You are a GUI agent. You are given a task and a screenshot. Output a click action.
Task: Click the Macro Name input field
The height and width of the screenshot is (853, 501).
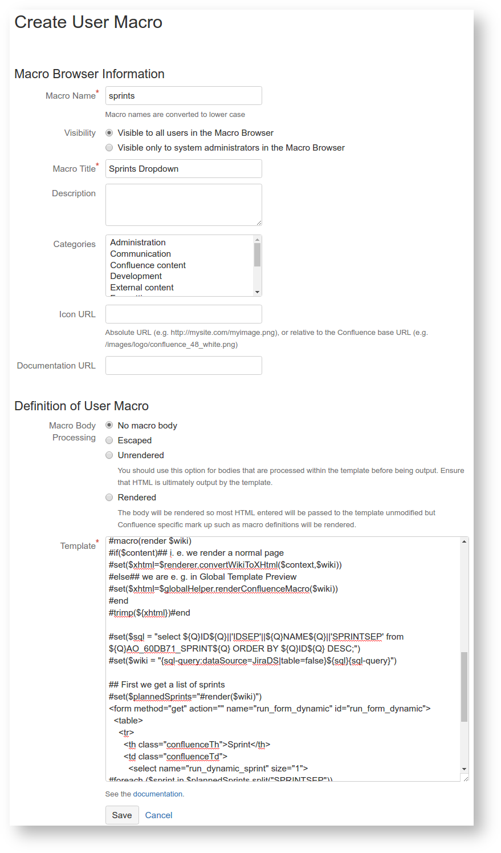click(x=183, y=96)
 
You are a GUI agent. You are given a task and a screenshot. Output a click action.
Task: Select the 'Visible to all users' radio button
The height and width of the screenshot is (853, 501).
click(x=109, y=133)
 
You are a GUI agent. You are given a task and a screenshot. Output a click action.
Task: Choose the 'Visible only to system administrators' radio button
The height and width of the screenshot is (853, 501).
click(x=109, y=148)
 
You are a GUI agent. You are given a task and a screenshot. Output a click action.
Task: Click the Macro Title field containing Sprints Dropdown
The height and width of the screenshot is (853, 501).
click(x=183, y=169)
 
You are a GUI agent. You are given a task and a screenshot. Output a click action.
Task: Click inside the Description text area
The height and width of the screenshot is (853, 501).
click(x=183, y=205)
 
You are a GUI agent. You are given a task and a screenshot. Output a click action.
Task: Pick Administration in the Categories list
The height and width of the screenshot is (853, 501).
click(x=138, y=242)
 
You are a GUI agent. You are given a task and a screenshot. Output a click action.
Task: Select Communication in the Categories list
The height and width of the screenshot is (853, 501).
click(x=140, y=254)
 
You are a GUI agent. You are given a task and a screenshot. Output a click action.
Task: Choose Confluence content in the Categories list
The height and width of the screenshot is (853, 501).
click(x=148, y=265)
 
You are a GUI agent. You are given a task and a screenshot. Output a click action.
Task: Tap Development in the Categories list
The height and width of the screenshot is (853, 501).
click(x=136, y=276)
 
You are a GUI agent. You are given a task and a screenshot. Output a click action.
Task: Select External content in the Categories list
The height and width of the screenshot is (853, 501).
click(x=142, y=288)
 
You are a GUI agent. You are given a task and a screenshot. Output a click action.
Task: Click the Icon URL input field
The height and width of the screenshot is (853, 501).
click(x=183, y=314)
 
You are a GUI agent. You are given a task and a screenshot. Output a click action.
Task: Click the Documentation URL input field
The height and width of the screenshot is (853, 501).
click(x=183, y=366)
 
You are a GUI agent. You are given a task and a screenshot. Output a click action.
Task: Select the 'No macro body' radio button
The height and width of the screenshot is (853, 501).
click(x=109, y=426)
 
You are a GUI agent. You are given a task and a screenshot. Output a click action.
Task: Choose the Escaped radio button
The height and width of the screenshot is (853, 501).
click(x=109, y=440)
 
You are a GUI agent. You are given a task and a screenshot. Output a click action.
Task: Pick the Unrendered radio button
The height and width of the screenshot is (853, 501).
click(x=109, y=455)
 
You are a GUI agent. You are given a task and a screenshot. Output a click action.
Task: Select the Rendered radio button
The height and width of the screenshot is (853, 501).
click(x=109, y=498)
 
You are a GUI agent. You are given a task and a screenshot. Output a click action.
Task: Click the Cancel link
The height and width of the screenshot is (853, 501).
click(x=158, y=815)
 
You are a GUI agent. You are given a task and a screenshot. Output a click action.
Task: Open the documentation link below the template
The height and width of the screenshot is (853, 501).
click(x=158, y=794)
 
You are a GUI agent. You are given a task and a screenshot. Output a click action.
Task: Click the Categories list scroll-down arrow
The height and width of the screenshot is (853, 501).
click(x=258, y=292)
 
